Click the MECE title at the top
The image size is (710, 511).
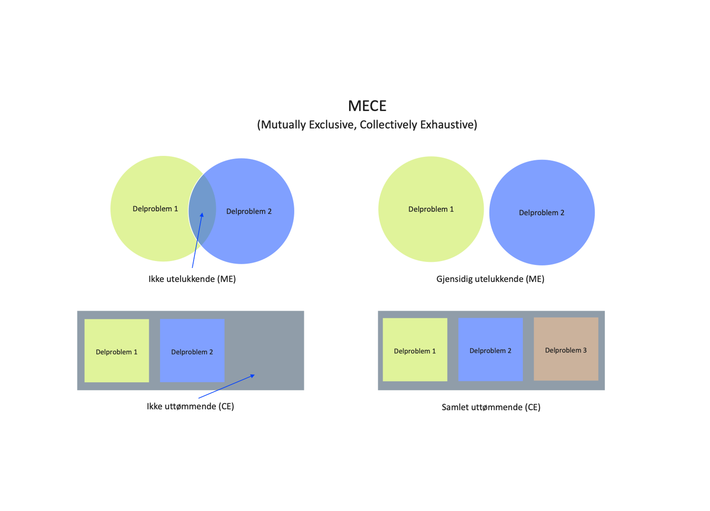(367, 106)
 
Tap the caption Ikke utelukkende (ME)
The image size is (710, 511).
(192, 279)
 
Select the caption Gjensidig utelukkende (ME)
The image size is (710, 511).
(490, 279)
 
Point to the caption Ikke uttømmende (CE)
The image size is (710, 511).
(190, 406)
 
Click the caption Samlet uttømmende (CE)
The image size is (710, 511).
(491, 407)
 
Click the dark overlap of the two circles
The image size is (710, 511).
(202, 201)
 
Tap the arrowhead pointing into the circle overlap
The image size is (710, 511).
(202, 215)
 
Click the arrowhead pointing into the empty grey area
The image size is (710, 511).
(252, 376)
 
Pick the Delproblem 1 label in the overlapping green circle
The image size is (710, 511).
(155, 209)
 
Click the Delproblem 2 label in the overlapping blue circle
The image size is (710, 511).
(248, 212)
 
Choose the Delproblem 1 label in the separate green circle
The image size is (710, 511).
(431, 209)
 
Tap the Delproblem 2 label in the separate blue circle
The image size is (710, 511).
(541, 213)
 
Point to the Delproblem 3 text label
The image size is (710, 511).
(565, 350)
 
